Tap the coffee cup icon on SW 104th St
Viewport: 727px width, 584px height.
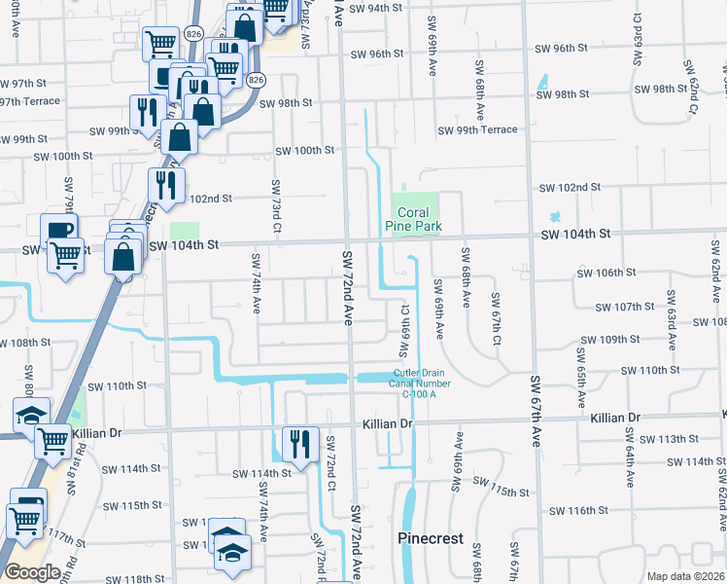tap(59, 232)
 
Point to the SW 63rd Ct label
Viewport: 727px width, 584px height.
tap(671, 310)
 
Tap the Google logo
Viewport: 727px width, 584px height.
tap(32, 571)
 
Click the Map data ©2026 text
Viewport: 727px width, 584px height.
tap(685, 576)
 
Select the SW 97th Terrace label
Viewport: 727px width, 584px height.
tap(23, 101)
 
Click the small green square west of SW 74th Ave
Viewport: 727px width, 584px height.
tap(184, 231)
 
